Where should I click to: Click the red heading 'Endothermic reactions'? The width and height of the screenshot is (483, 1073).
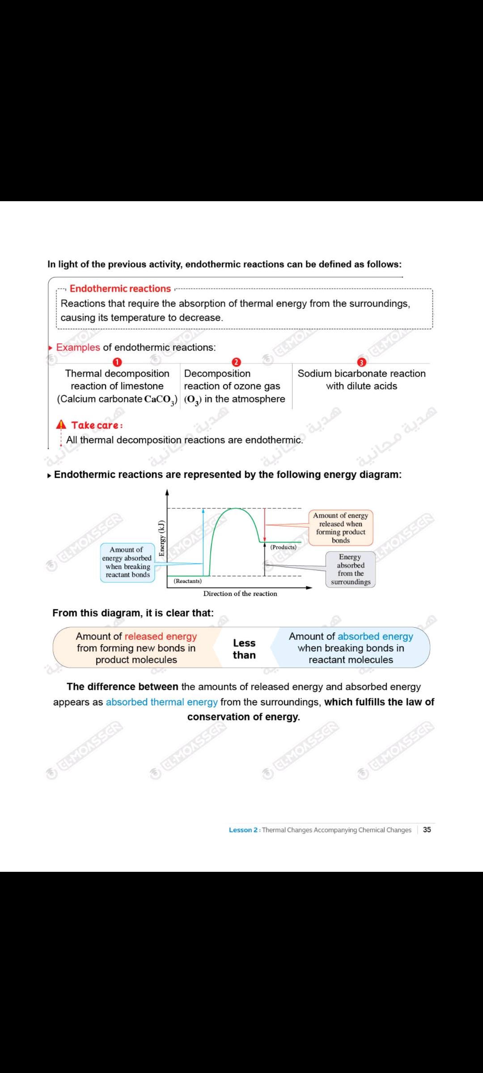coord(120,289)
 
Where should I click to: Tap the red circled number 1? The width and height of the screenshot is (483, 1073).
coord(117,362)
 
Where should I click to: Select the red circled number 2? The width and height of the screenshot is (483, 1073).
coord(236,362)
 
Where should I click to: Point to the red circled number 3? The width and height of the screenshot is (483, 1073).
coord(361,362)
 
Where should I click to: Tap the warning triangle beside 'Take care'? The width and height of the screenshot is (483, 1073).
coord(61,425)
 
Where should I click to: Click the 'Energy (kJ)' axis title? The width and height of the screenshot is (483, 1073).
coord(162,538)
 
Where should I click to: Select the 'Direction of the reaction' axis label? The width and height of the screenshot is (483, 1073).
coord(240,594)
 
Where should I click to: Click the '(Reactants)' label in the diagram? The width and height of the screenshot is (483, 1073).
coord(187,581)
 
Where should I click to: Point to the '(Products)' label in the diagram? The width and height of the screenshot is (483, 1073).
coord(283,547)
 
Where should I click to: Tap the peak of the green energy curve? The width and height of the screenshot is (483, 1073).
coord(234,509)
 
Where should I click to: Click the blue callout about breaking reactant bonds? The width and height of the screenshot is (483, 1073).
coord(127,562)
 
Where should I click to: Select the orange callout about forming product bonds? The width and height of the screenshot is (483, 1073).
coord(341,528)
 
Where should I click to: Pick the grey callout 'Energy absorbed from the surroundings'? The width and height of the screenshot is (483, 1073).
coord(351,569)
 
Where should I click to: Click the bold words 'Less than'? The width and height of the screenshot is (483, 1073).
coord(244,649)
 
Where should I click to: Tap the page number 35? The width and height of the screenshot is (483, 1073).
coord(427,830)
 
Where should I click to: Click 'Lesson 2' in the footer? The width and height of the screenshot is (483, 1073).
coord(243,830)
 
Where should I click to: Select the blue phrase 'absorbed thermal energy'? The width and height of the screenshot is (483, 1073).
coord(162,702)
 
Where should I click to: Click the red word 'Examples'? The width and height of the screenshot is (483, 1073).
coord(78,347)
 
